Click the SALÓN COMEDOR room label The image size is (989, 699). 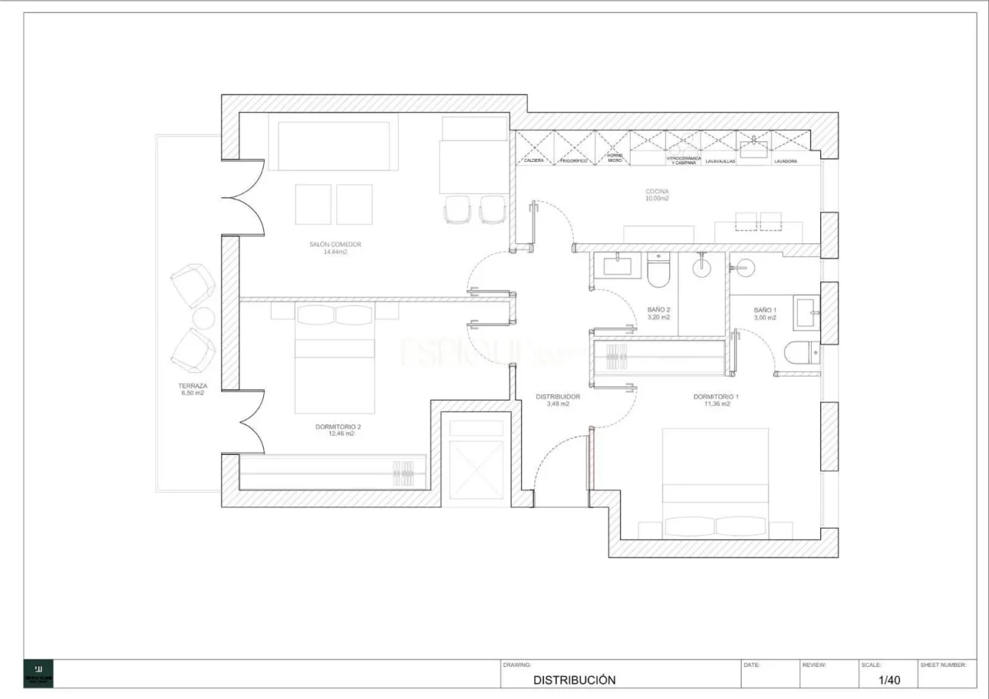(335, 244)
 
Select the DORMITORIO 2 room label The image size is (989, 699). (335, 427)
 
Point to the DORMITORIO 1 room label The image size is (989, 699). (716, 396)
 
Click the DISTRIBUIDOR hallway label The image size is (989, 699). (558, 396)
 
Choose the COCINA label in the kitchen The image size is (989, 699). (657, 192)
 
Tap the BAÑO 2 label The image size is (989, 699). (659, 310)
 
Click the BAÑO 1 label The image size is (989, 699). (765, 310)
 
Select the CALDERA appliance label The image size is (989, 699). (534, 161)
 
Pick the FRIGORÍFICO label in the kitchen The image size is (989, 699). (574, 161)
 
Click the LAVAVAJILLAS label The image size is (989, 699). (720, 161)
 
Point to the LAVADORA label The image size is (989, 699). (786, 161)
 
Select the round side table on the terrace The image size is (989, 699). (203, 318)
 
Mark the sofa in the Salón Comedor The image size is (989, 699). (334, 145)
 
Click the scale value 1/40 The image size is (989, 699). (889, 679)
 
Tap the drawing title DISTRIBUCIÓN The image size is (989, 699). (574, 680)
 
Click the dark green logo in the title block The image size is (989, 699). (39, 673)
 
